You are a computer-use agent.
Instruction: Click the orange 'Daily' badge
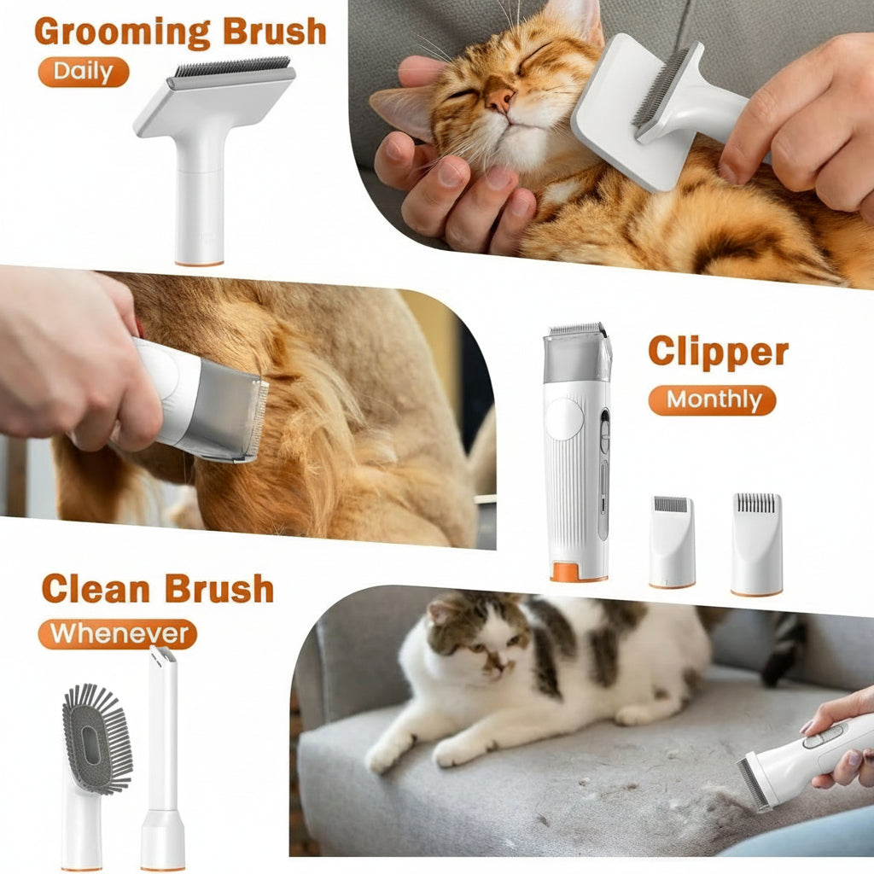click(83, 72)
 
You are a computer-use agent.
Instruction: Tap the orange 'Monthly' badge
click(712, 399)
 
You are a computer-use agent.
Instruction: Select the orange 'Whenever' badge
click(118, 634)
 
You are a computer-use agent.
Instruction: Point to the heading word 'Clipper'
click(718, 351)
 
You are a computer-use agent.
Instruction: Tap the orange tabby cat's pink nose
click(499, 100)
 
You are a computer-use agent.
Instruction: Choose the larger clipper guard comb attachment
click(756, 542)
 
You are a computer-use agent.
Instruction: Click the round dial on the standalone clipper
click(564, 419)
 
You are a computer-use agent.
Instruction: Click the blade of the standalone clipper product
click(577, 329)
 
